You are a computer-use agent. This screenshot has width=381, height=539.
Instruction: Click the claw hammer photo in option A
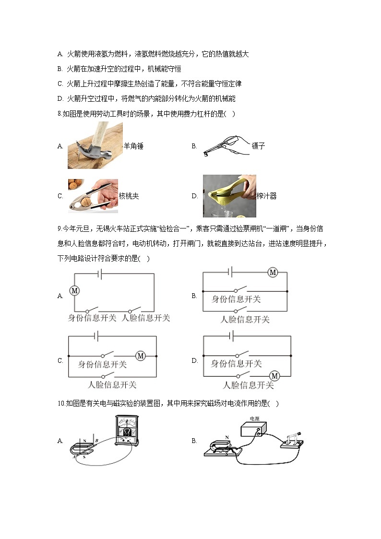95,145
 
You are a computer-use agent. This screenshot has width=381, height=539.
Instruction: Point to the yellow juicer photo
229,195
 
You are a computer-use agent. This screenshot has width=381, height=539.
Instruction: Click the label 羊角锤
133,146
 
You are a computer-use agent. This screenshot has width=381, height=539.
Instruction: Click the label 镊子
258,146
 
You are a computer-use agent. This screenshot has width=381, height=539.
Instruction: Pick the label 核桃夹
129,196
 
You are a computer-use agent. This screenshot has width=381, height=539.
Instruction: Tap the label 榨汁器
267,196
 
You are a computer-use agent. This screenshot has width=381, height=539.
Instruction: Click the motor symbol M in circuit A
74,290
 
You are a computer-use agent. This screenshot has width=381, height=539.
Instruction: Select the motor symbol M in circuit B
273,273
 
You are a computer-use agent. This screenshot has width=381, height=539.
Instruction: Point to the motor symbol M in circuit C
141,356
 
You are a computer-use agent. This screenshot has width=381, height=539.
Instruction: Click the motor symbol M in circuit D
275,376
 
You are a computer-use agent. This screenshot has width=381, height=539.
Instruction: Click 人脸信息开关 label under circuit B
245,319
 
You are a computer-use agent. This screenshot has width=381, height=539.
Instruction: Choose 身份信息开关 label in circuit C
102,365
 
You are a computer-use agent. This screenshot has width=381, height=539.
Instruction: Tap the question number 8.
59,114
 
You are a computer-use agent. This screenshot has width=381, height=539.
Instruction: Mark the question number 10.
60,404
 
